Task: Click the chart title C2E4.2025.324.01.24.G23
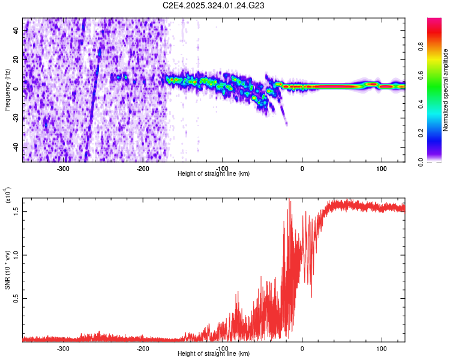click(214, 5)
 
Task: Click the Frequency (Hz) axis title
click(7, 90)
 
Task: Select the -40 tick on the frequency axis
click(14, 147)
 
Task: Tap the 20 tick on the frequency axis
click(16, 59)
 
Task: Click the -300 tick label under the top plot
click(64, 169)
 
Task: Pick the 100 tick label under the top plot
click(381, 169)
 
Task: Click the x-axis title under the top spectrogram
click(214, 174)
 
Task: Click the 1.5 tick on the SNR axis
click(16, 212)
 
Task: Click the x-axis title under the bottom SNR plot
click(214, 354)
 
